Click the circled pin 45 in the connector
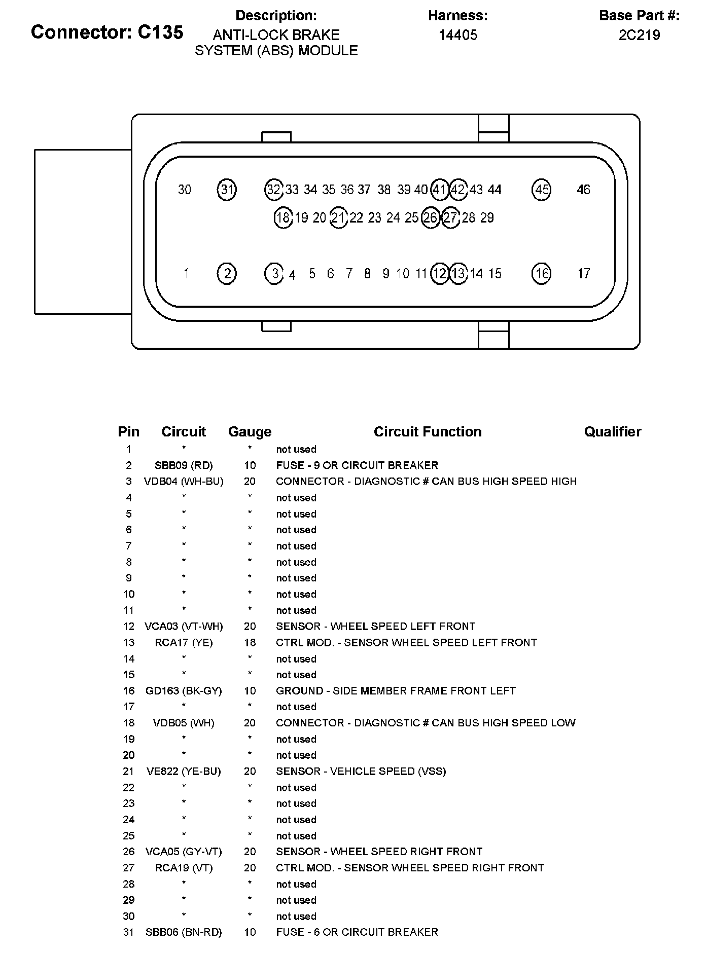pyautogui.click(x=542, y=190)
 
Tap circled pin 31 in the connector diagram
pyautogui.click(x=227, y=190)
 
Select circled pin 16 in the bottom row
pyautogui.click(x=542, y=274)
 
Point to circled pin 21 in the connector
pyautogui.click(x=338, y=218)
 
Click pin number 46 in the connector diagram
pyautogui.click(x=583, y=190)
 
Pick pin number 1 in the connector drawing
pyautogui.click(x=186, y=274)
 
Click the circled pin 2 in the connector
pyautogui.click(x=227, y=274)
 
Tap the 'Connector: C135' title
pyautogui.click(x=107, y=32)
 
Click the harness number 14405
pyautogui.click(x=457, y=35)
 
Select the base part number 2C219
pyautogui.click(x=639, y=35)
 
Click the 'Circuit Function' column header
pyautogui.click(x=428, y=432)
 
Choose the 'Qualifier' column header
pyautogui.click(x=612, y=432)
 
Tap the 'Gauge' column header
pyautogui.click(x=250, y=432)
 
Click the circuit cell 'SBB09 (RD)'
pyautogui.click(x=184, y=465)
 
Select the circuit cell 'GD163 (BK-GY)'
pyautogui.click(x=184, y=691)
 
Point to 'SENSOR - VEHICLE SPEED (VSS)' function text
pyautogui.click(x=361, y=772)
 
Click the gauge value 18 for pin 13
pyautogui.click(x=250, y=643)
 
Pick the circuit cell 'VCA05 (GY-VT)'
pyautogui.click(x=184, y=852)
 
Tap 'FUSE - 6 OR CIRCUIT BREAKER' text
pyautogui.click(x=357, y=932)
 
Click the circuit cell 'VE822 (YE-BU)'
pyautogui.click(x=184, y=772)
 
